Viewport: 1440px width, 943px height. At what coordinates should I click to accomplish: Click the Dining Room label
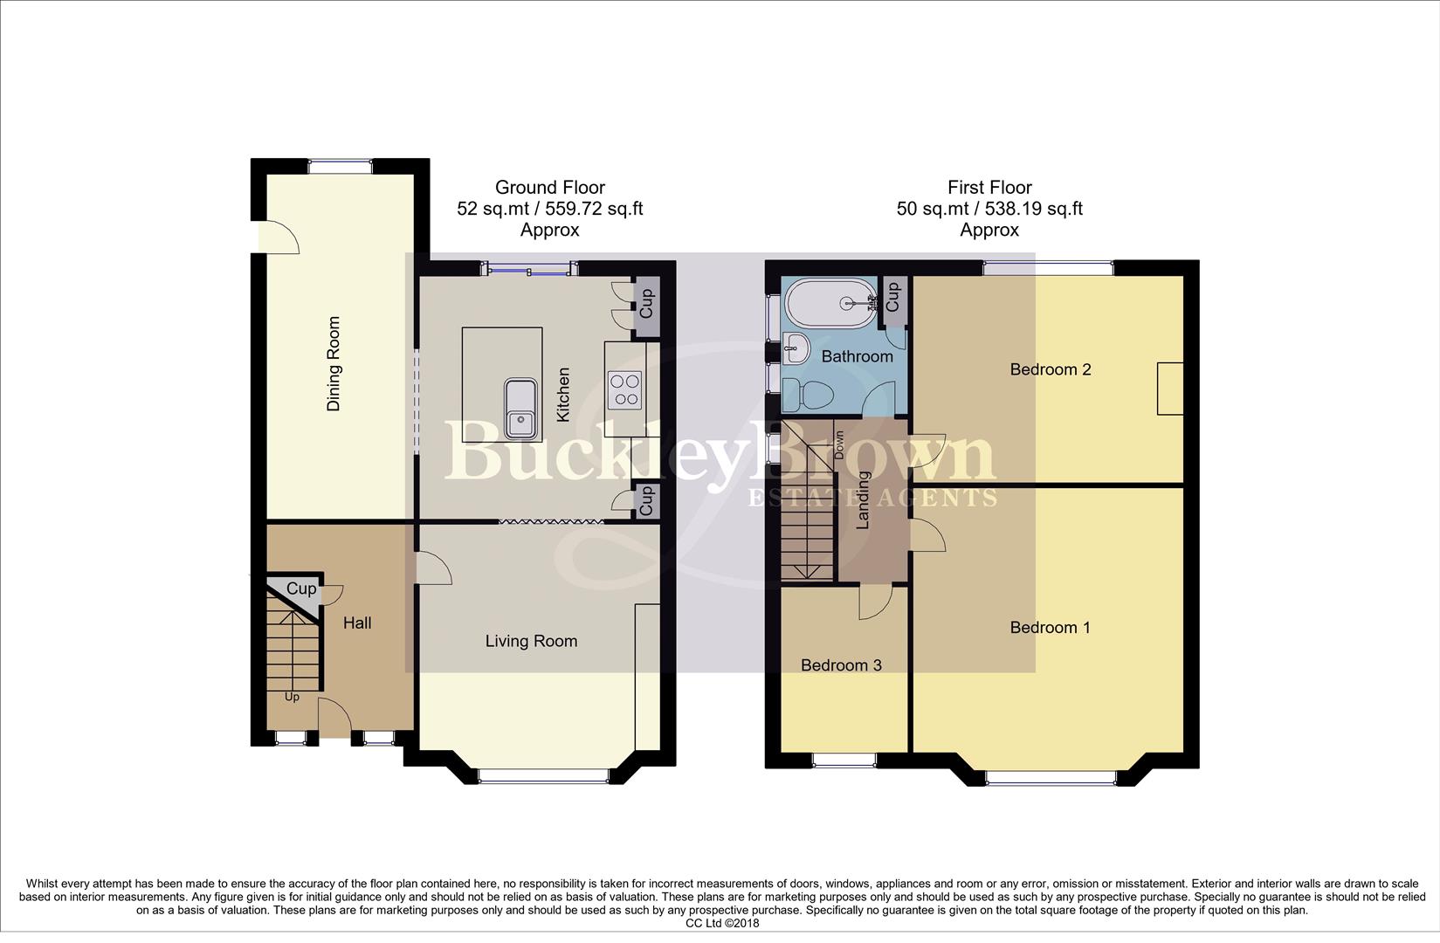click(x=334, y=363)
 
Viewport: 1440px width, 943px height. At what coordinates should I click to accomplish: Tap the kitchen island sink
click(x=522, y=409)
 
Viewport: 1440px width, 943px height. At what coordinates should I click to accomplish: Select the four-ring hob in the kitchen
click(x=624, y=389)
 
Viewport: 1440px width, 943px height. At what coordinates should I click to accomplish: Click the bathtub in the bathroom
click(x=830, y=303)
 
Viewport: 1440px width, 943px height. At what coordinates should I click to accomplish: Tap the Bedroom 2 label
click(x=1050, y=369)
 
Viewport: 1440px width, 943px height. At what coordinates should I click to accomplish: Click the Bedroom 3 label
click(x=841, y=665)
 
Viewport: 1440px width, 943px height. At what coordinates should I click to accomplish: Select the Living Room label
click(x=531, y=642)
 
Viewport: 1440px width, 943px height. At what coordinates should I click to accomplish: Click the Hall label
click(x=357, y=623)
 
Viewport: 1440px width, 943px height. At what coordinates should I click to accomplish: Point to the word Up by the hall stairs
click(x=292, y=698)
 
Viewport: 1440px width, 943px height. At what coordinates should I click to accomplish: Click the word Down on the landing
click(x=839, y=445)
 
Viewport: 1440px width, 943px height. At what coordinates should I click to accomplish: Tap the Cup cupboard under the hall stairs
click(x=300, y=589)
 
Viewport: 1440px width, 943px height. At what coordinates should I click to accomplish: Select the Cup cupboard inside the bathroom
click(x=892, y=299)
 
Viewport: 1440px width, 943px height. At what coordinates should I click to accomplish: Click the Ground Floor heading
click(x=549, y=187)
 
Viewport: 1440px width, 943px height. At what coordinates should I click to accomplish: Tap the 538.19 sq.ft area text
click(x=1033, y=209)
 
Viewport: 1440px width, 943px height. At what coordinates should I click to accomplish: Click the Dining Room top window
click(x=340, y=163)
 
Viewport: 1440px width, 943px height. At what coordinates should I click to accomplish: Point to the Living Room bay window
click(x=543, y=774)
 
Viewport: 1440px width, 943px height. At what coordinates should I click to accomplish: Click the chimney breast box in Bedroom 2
click(x=1170, y=389)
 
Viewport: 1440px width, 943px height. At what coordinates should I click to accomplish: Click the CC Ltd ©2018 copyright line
click(x=721, y=923)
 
